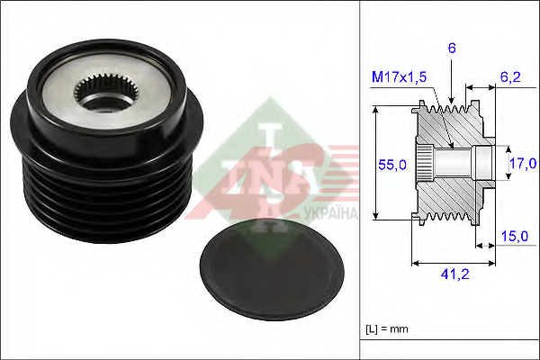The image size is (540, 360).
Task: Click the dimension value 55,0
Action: point(391,165)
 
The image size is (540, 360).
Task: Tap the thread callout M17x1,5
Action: point(399,76)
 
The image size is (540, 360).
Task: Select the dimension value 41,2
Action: point(454,274)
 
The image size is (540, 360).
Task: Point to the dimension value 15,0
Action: point(515,237)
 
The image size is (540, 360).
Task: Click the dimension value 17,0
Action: point(522,163)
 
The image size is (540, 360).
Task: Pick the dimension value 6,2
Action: point(510,77)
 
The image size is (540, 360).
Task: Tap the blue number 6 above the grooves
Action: point(452,49)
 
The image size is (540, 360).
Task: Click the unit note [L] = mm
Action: point(387,329)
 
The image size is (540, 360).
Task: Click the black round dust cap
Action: point(272,269)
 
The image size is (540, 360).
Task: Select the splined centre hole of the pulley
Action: point(106,93)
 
